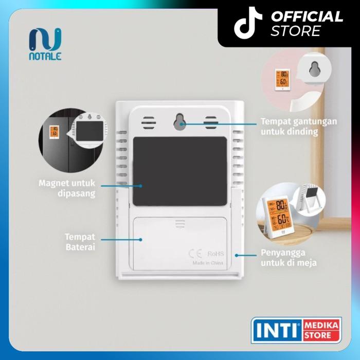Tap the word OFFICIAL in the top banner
coord(307,16)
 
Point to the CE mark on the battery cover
coord(196,253)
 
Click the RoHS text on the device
coord(215,253)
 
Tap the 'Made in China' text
coord(208,263)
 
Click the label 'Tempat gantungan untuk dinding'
coord(291,126)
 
